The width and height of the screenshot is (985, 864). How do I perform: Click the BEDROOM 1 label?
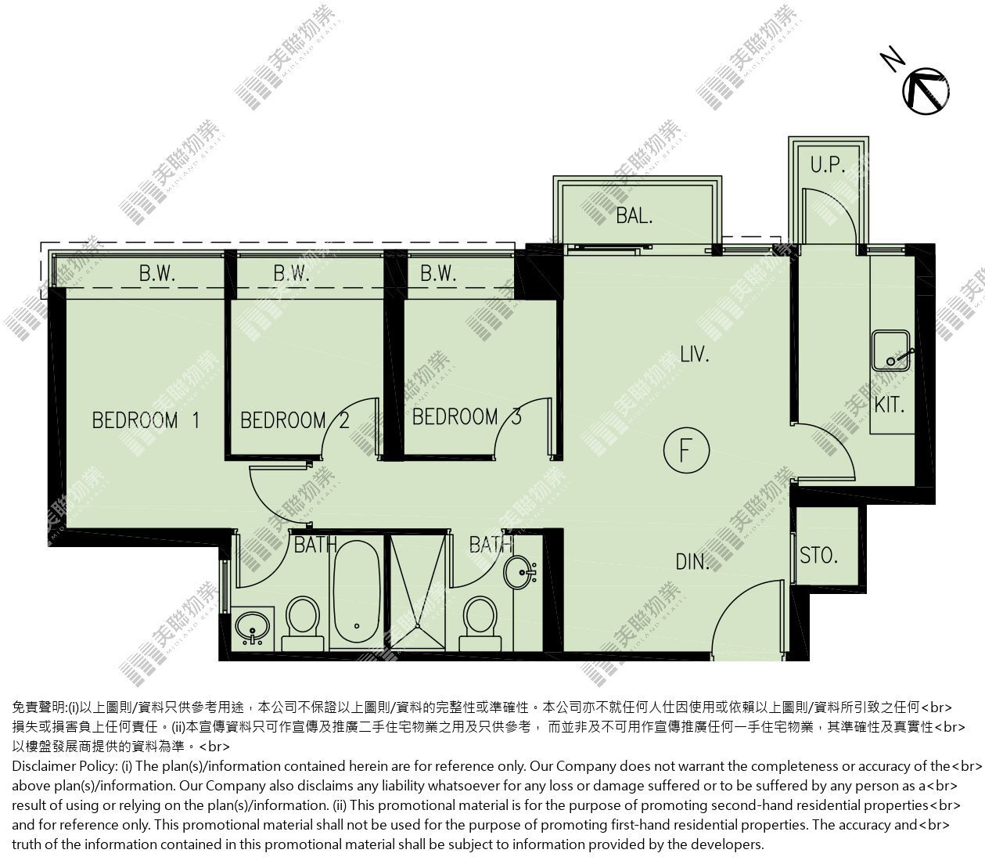click(x=146, y=420)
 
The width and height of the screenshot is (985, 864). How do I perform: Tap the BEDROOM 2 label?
click(x=295, y=420)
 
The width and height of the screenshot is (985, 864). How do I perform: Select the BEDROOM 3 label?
click(x=467, y=417)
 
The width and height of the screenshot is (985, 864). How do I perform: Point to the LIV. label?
click(x=695, y=355)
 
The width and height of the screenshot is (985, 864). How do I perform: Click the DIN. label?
click(x=692, y=562)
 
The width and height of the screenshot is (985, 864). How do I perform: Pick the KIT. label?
click(x=890, y=405)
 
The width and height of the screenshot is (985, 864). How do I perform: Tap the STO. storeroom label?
click(x=818, y=556)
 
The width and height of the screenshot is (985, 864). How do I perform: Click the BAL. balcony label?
click(x=634, y=215)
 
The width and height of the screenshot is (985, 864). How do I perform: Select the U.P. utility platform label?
click(x=828, y=165)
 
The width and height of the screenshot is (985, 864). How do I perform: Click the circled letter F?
click(x=686, y=451)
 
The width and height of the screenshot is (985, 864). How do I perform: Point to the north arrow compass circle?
click(x=926, y=91)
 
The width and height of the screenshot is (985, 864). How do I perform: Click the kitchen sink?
click(x=890, y=351)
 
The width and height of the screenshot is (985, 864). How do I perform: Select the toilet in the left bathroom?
click(x=303, y=624)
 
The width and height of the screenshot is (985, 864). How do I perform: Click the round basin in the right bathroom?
click(x=519, y=573)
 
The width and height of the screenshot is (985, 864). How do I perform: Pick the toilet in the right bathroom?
click(x=480, y=624)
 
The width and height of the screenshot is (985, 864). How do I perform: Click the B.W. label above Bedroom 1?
click(x=157, y=273)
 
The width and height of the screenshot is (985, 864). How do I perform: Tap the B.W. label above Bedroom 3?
click(x=438, y=273)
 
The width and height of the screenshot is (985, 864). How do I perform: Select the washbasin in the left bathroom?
click(x=252, y=627)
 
